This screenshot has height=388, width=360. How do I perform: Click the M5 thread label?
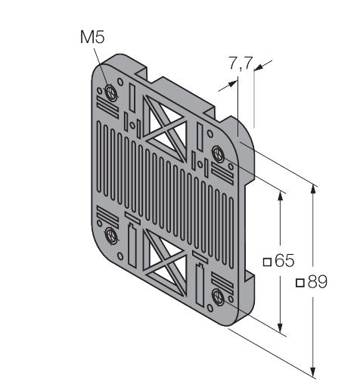(92, 37)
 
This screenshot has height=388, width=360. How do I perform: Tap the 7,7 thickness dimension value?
(241, 63)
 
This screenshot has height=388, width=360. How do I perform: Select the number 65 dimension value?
(284, 260)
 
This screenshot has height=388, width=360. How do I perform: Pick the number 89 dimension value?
(318, 281)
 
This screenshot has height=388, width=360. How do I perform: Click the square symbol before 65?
(267, 262)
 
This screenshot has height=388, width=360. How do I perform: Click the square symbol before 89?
(300, 283)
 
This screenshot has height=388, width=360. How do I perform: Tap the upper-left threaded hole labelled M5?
(110, 92)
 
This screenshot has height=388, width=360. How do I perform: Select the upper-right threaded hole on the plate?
(218, 154)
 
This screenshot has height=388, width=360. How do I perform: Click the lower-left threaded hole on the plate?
(110, 235)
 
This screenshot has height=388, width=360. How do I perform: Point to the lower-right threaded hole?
(218, 296)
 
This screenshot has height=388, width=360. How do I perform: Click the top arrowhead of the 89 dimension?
(313, 190)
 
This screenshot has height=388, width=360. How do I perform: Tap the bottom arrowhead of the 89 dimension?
(313, 371)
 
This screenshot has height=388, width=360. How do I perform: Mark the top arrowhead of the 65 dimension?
(280, 196)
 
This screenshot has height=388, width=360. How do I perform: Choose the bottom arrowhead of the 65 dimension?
(280, 327)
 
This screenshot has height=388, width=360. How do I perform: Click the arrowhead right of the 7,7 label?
(259, 67)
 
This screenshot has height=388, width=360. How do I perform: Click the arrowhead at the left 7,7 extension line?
(233, 83)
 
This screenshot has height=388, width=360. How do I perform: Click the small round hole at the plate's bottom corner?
(209, 308)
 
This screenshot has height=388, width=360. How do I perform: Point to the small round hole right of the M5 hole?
(120, 82)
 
